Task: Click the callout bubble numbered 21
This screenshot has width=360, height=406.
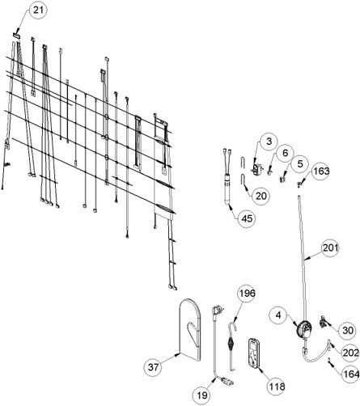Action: (38, 10)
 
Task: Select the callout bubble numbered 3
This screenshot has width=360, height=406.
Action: (269, 142)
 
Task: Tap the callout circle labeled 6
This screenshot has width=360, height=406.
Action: (285, 153)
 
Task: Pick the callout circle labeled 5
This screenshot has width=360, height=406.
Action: (300, 164)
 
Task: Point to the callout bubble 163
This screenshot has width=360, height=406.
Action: (321, 171)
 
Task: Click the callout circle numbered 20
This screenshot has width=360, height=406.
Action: (260, 196)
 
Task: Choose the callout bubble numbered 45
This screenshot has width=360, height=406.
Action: (247, 218)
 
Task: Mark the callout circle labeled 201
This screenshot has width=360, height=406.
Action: (330, 247)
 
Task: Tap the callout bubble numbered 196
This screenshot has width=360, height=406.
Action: (248, 294)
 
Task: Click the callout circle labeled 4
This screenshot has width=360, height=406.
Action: (278, 315)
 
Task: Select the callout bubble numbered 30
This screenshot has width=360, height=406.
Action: (347, 331)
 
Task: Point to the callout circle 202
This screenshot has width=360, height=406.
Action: (350, 353)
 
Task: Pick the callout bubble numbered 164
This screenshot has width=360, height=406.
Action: (351, 374)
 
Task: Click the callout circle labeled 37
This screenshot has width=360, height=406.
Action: (154, 367)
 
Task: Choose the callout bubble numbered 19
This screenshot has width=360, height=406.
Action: (202, 395)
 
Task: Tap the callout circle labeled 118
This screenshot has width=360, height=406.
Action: (277, 387)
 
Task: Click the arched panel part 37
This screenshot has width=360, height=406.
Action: (190, 329)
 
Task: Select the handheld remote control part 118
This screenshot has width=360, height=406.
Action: (254, 352)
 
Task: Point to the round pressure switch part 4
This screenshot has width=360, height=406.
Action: (304, 328)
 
